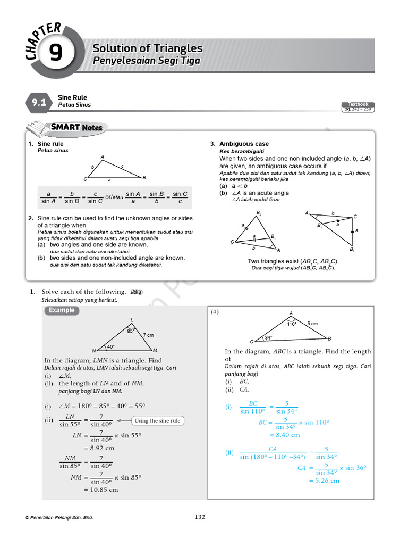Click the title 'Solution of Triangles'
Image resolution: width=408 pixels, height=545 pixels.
[x=148, y=48]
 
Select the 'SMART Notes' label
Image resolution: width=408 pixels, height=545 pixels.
[x=76, y=128]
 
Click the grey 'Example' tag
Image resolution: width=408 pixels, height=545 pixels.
[x=62, y=311]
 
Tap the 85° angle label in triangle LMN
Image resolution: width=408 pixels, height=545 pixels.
[x=131, y=331]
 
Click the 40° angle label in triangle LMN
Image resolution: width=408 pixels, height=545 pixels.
[x=111, y=347]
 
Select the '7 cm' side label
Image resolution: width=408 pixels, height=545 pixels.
[x=148, y=335]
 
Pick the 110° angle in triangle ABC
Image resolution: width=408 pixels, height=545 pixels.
[x=292, y=324]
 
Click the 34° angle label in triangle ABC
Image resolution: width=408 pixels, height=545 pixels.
[x=268, y=337]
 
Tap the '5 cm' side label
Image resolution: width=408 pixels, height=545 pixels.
[x=312, y=324]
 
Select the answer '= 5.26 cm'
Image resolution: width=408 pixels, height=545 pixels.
[x=324, y=481]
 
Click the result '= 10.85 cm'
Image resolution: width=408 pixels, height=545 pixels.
[x=101, y=490]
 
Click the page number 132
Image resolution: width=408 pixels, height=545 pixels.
[x=200, y=517]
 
